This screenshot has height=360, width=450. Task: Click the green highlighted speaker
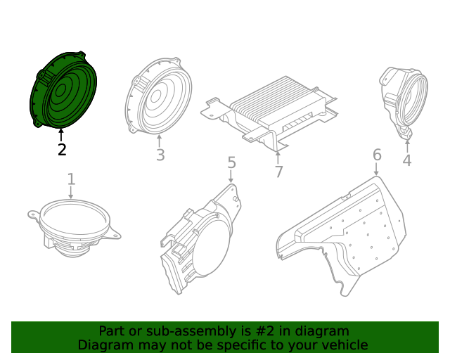point(65,90)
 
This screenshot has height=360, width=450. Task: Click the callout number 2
point(62,149)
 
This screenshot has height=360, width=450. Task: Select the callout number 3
point(160,155)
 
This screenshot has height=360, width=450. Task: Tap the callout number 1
point(71,179)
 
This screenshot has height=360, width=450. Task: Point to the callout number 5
point(231,163)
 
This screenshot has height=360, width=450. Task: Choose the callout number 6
point(377,155)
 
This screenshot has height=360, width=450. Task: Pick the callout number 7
point(278,172)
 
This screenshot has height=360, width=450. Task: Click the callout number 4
point(406,161)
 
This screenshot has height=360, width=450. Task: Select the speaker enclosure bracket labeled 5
point(200,239)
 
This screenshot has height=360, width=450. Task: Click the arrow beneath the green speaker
point(62,134)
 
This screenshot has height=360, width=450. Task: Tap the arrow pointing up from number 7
point(278,156)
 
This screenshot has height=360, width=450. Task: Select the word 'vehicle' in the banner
point(343,345)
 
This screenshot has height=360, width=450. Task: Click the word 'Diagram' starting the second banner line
point(103,345)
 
